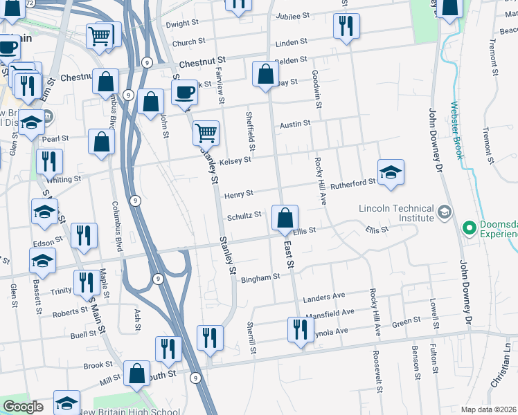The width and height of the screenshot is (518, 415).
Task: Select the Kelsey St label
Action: click(x=235, y=160)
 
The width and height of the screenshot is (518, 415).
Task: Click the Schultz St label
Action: click(x=244, y=215)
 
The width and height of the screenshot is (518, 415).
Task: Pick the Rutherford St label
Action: click(x=352, y=183)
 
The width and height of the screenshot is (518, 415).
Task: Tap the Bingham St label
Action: click(x=260, y=277)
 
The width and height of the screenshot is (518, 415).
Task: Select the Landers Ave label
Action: click(x=324, y=297)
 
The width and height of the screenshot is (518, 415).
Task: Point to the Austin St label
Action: click(x=294, y=125)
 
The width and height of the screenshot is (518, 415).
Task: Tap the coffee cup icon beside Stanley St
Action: click(x=184, y=92)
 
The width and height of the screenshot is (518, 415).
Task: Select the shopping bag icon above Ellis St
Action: click(x=285, y=218)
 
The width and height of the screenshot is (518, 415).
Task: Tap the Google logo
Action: click(x=23, y=406)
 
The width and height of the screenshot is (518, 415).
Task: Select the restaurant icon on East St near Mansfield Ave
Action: click(x=300, y=329)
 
